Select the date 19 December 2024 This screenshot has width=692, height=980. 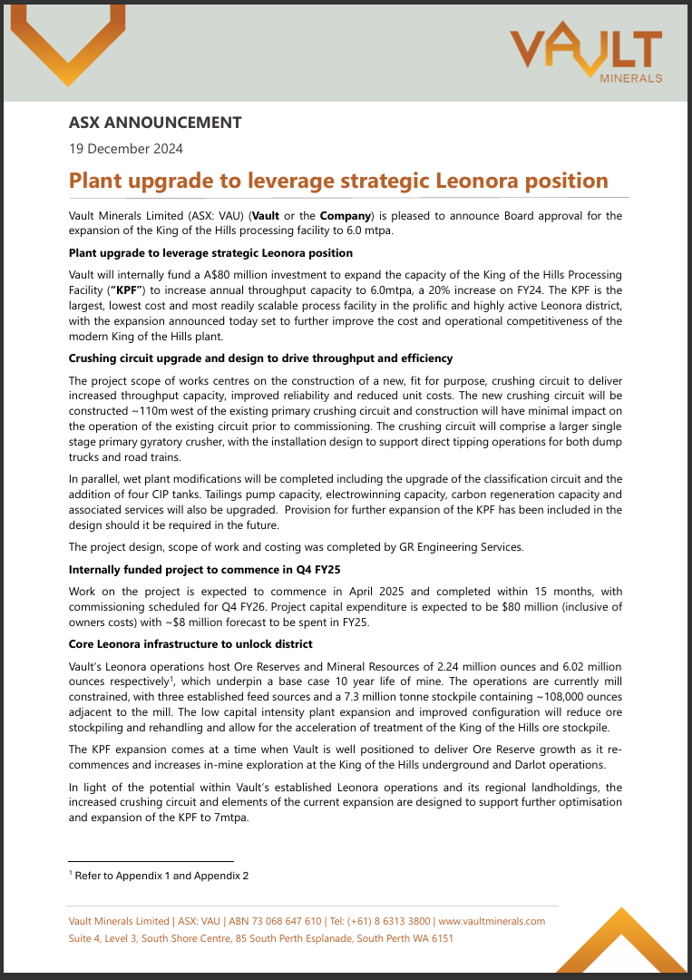pos(127,149)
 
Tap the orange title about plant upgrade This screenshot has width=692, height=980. pos(338,180)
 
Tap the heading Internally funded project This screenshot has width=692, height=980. pos(204,571)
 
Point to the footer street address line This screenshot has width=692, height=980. pos(261,938)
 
